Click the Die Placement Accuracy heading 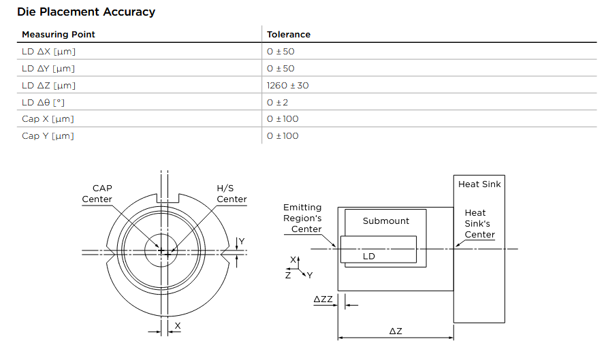(86, 12)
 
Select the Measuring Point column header (59, 34)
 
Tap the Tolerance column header (289, 34)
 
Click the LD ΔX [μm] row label (48, 51)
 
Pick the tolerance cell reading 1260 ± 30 (287, 85)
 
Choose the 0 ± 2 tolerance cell (278, 102)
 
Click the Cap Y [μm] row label (48, 136)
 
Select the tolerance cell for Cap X (283, 119)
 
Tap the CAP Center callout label (97, 193)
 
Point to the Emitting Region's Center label (302, 218)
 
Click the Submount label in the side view (386, 220)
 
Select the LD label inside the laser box (368, 257)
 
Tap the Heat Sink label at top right (479, 184)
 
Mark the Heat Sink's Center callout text (479, 224)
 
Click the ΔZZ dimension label (323, 299)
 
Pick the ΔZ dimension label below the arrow (396, 331)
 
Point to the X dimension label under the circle (178, 326)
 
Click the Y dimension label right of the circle (241, 242)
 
